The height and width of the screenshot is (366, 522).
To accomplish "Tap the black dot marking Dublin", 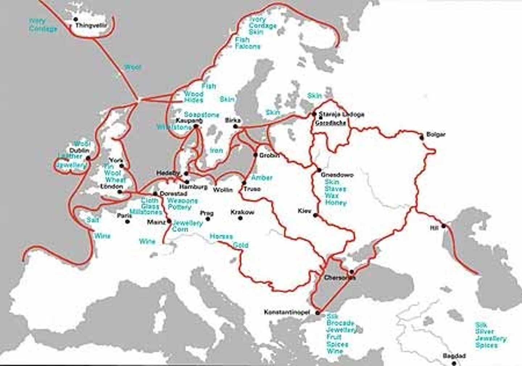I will click(88, 158).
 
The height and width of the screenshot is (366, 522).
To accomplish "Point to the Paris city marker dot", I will click(127, 222).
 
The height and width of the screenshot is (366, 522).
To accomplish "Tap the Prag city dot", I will click(208, 219).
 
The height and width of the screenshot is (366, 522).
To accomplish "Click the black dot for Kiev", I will click(315, 215).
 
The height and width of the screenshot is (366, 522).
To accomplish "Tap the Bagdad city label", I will click(454, 356).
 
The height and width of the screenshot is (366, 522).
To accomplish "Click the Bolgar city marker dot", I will click(421, 138).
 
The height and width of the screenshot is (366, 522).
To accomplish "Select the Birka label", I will click(233, 120).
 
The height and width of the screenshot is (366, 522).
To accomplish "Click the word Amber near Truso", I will click(262, 178).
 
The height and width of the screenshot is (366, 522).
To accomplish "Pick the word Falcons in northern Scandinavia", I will click(248, 46).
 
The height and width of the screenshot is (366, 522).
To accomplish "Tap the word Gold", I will click(240, 245).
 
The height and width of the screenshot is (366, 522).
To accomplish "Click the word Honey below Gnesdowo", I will click(336, 203).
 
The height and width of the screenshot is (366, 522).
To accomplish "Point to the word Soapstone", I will click(202, 115).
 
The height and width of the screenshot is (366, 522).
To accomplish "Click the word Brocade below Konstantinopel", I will click(340, 323).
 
